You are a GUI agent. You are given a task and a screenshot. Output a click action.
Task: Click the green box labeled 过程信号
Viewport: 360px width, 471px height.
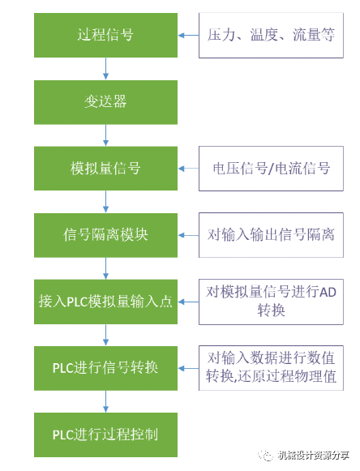tap(105, 35)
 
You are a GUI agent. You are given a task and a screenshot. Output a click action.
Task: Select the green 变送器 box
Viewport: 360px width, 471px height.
tap(105, 102)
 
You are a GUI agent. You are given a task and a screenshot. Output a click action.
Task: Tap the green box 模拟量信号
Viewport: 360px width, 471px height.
tap(105, 169)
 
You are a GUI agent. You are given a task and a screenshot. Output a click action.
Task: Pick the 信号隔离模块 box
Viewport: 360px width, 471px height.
tap(105, 235)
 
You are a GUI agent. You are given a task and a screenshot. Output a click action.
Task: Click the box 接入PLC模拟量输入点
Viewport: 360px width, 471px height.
tap(105, 302)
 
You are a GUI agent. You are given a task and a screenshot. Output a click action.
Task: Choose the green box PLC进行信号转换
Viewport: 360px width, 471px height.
tap(105, 368)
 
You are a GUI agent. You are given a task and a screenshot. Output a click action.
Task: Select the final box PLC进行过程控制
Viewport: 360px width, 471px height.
tap(105, 435)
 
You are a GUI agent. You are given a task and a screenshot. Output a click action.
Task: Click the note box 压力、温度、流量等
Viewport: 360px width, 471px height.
tap(271, 35)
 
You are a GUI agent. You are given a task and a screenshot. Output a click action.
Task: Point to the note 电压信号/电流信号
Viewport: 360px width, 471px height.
tap(271, 169)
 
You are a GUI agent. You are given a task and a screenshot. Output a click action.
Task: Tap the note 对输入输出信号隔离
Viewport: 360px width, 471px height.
tap(271, 235)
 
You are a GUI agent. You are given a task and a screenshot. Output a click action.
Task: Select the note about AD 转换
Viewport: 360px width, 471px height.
tap(271, 302)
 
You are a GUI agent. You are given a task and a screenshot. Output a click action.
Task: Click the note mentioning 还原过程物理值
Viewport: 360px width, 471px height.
tap(271, 368)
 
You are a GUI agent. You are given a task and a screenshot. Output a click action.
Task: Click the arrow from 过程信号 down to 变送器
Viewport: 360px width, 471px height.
tap(105, 69)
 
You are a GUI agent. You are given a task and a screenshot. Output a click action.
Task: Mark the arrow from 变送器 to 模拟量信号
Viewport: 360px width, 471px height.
tap(105, 135)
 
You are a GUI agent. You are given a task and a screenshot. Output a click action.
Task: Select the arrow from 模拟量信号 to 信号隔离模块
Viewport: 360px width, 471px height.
tap(105, 202)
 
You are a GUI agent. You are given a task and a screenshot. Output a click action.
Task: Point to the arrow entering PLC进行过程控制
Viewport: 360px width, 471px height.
tap(105, 401)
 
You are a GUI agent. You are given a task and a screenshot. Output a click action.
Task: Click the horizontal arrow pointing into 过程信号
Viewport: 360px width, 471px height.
tap(188, 36)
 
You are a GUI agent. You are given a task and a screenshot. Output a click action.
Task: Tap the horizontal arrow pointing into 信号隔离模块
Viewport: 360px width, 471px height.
tap(188, 235)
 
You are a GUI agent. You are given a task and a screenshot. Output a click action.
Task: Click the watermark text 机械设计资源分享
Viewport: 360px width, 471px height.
tap(314, 455)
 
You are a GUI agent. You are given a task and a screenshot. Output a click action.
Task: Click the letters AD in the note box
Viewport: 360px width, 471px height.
tap(328, 292)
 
